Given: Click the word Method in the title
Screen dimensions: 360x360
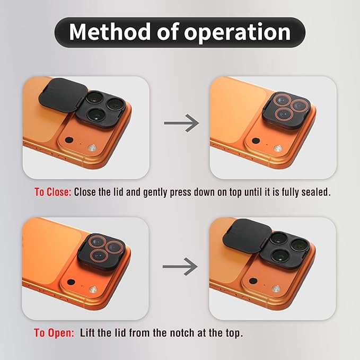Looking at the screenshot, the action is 110,32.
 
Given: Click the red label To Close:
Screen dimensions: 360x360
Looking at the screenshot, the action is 53,192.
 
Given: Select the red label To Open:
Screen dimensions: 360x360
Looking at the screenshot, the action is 54,332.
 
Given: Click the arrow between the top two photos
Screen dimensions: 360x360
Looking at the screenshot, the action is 181,123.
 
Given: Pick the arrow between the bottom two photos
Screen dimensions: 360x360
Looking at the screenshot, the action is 180,266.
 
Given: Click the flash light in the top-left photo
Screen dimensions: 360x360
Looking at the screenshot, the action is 92,147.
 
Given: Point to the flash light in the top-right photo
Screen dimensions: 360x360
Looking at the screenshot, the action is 278,148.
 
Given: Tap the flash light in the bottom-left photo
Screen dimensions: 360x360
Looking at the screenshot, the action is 93,290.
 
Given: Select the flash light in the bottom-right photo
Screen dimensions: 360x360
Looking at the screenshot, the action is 276,288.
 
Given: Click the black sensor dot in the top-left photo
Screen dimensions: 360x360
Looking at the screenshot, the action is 69,140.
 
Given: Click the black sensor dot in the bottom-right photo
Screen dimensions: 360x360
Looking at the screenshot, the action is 253,280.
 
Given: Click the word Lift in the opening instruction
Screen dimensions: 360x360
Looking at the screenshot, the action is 87,332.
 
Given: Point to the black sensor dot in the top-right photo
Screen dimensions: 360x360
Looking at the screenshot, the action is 256,141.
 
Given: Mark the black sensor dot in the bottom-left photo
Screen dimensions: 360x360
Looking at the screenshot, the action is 71,282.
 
